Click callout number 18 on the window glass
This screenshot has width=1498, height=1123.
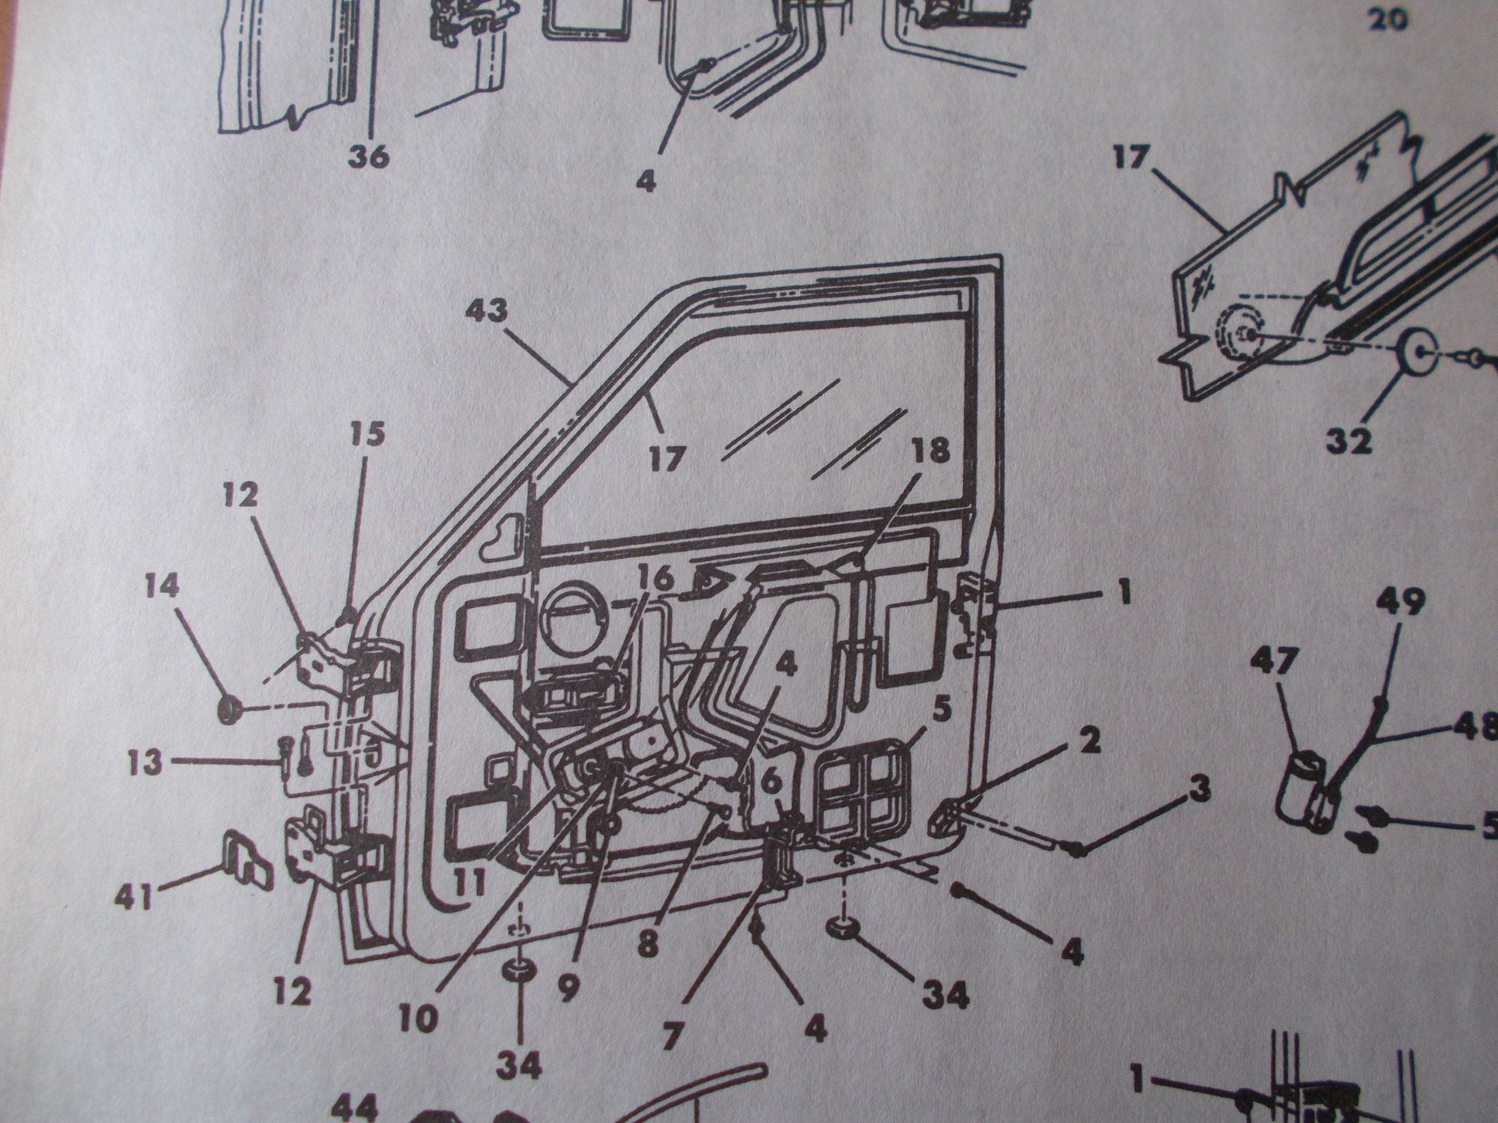931,451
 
